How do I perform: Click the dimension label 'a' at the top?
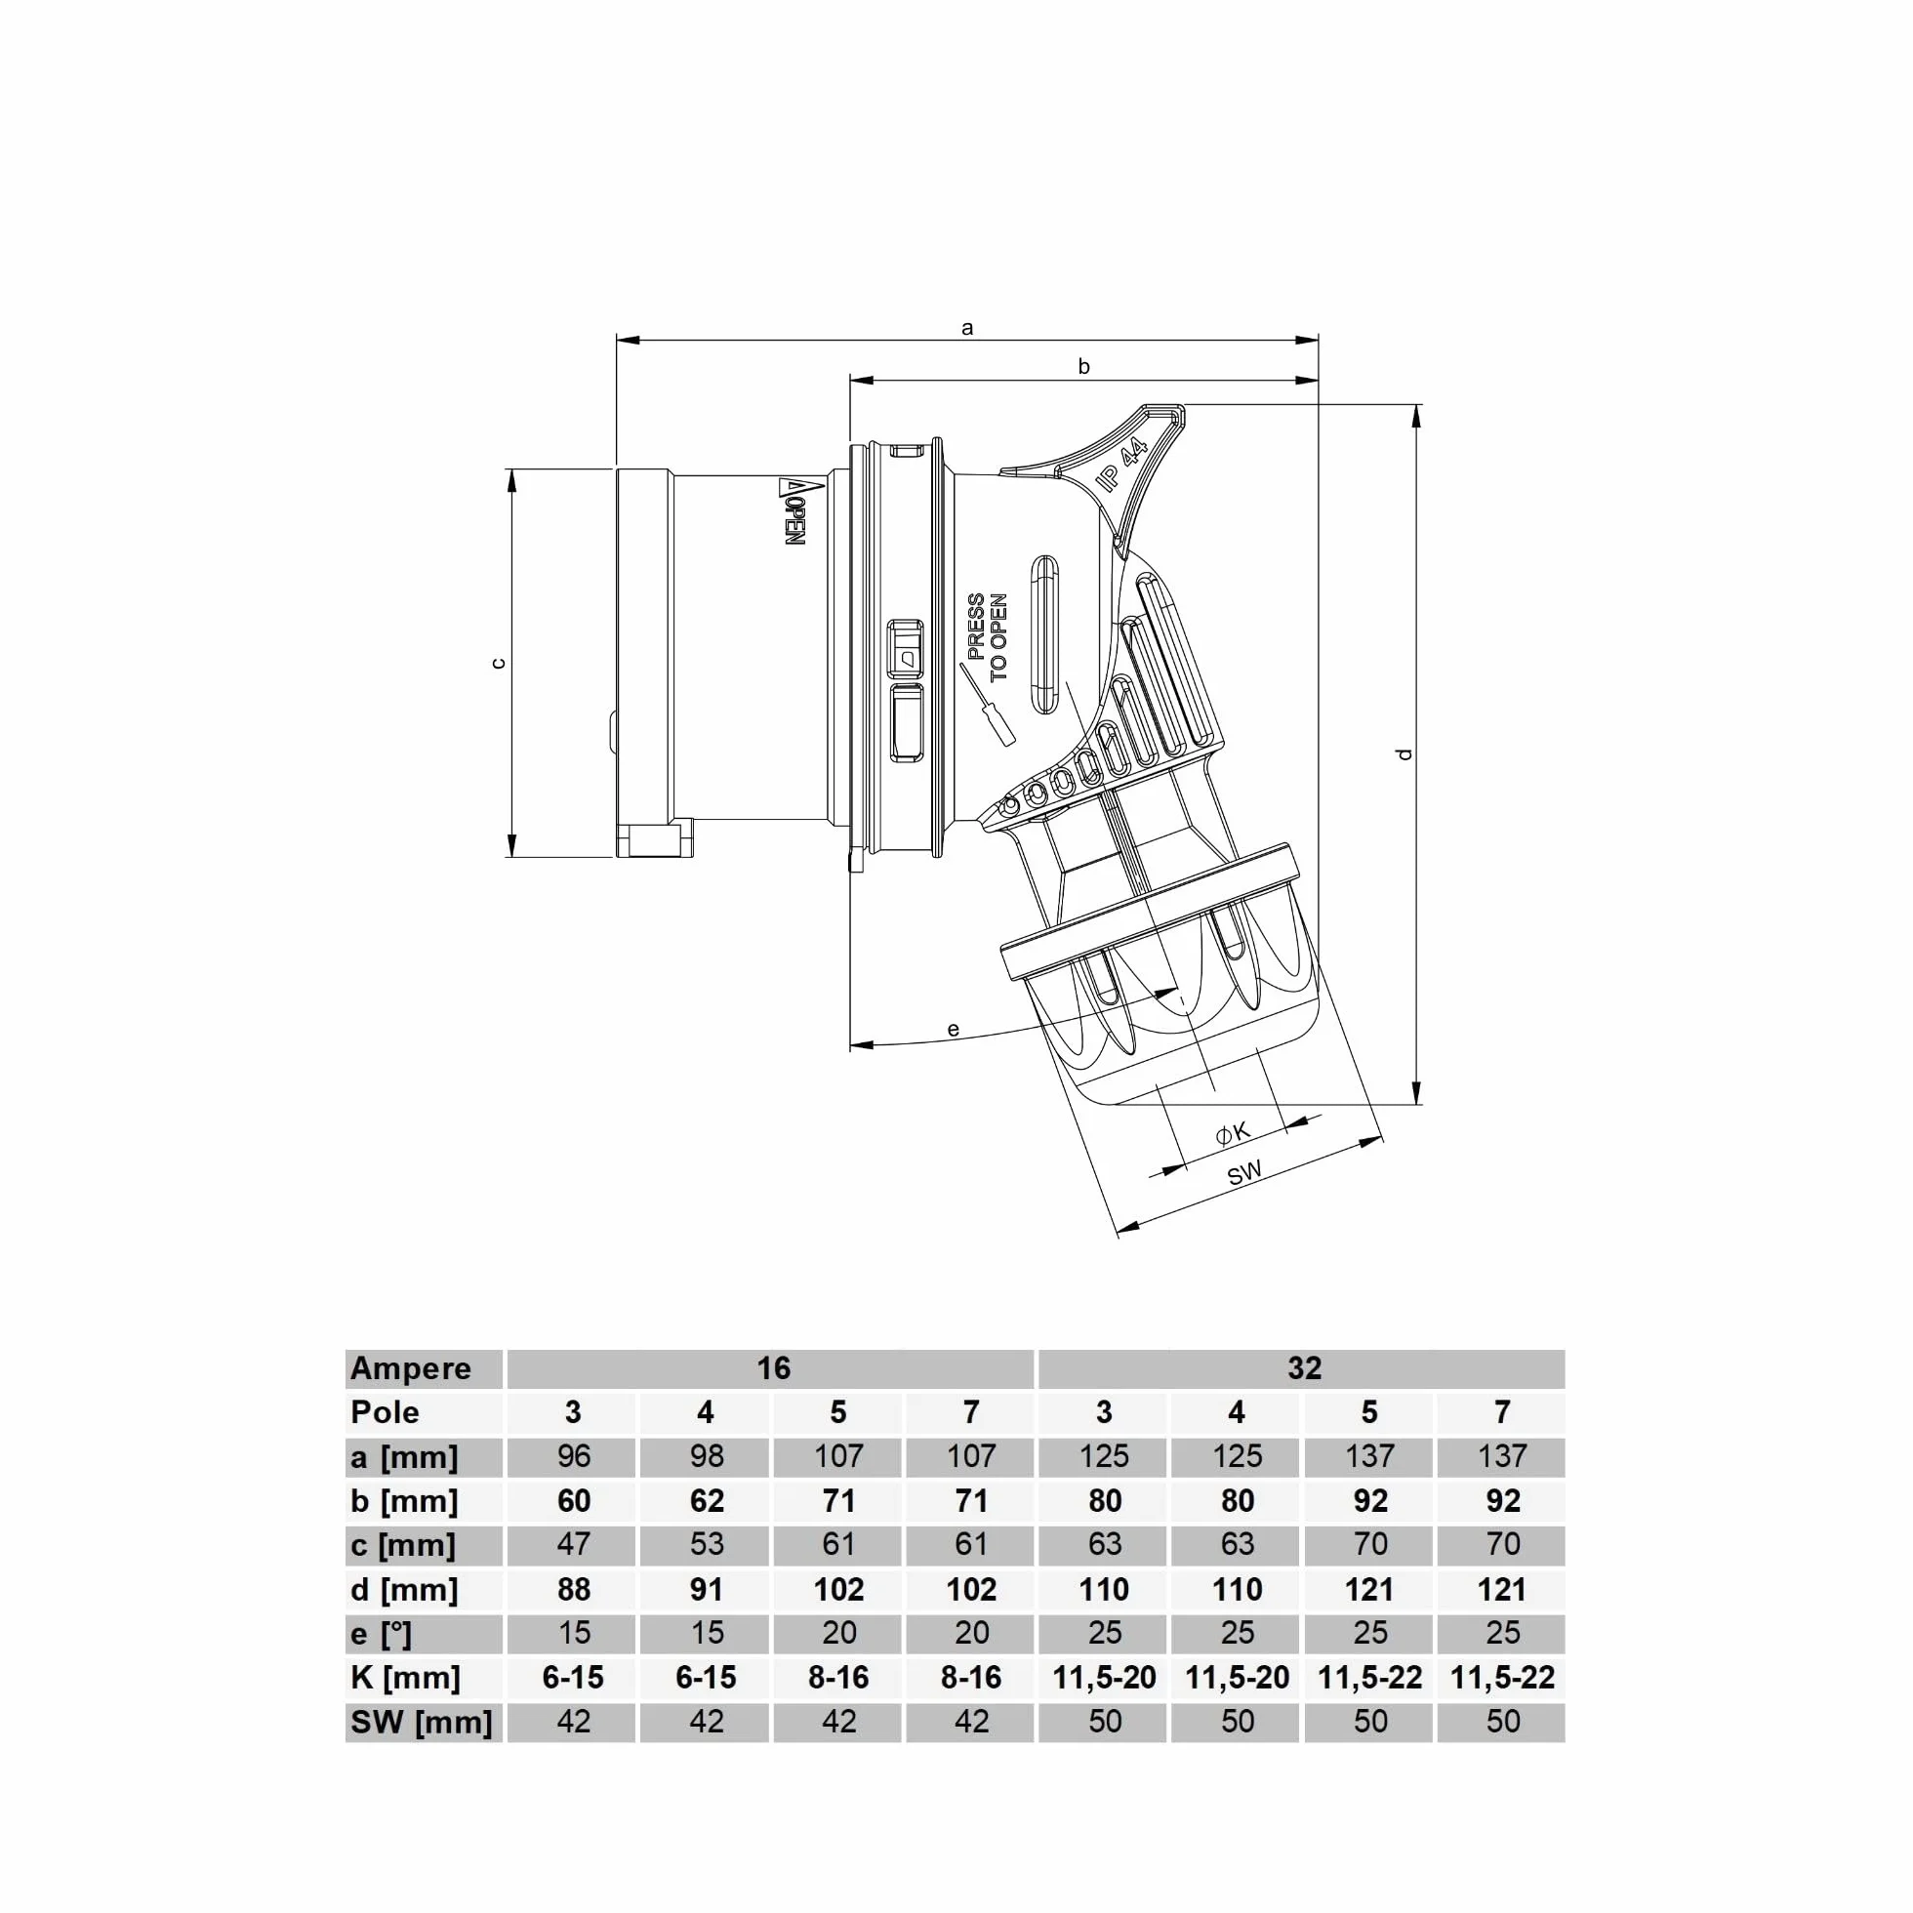click(967, 328)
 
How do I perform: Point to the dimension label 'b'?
click(1084, 366)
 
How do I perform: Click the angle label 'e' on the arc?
click(953, 1030)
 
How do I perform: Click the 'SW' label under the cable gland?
click(1244, 1173)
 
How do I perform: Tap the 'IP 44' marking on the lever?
click(1122, 466)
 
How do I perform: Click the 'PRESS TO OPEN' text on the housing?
click(987, 636)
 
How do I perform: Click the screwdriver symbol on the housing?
click(987, 704)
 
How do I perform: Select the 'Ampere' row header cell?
click(411, 1367)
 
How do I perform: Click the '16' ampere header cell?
click(773, 1367)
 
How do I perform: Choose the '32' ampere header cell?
click(1304, 1367)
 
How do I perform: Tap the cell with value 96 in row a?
click(573, 1455)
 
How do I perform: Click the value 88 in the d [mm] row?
click(573, 1589)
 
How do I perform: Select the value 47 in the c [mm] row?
click(573, 1544)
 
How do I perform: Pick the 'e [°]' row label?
click(381, 1634)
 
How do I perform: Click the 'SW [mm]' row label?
click(421, 1722)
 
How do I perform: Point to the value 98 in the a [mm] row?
click(706, 1455)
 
